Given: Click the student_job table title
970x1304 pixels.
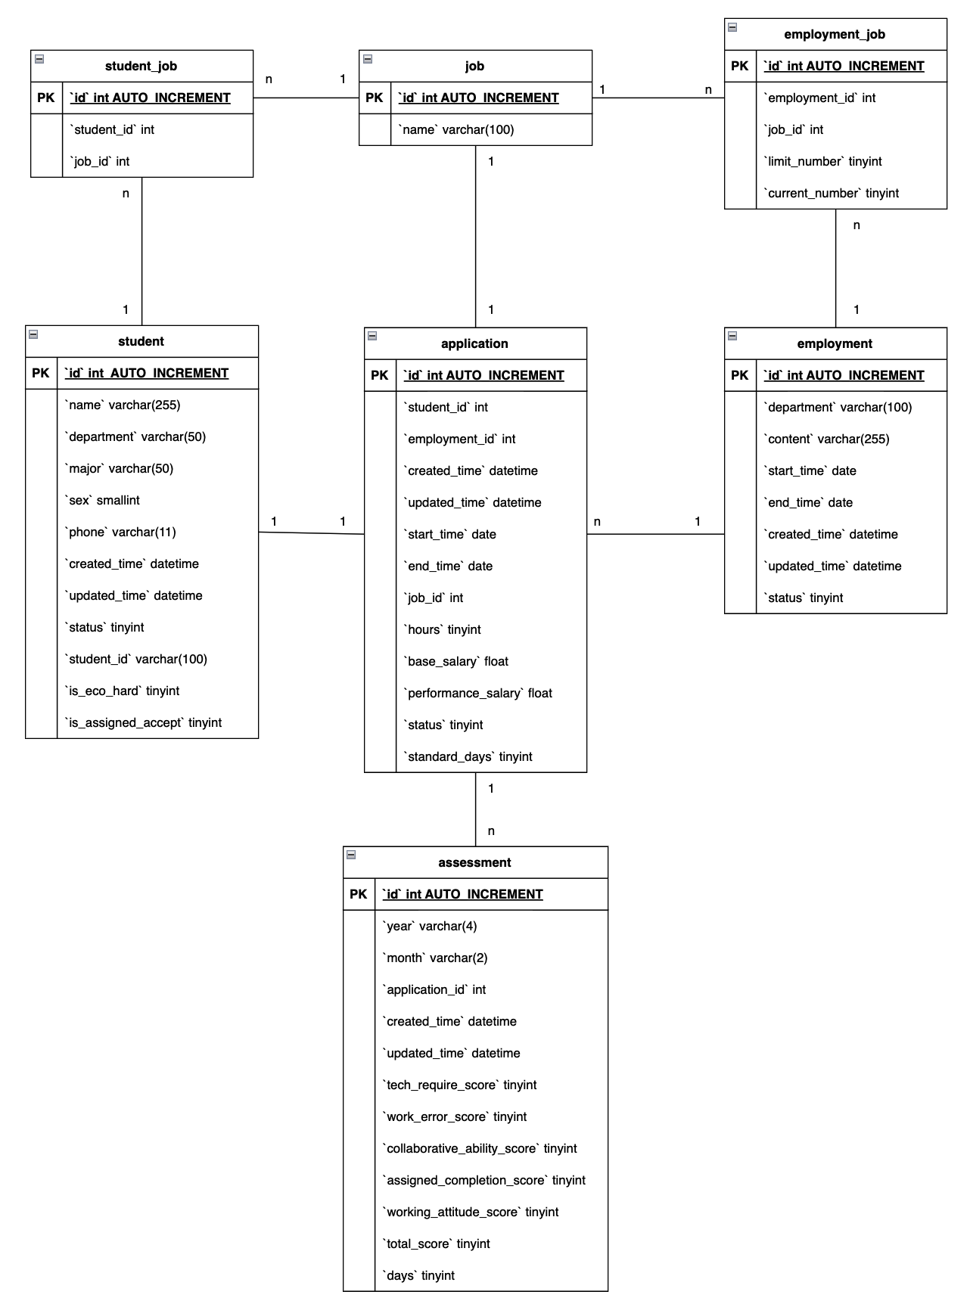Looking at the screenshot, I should tap(141, 67).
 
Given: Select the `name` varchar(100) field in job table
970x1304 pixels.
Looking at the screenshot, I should tap(457, 130).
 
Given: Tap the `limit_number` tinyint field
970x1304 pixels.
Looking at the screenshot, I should tap(824, 162).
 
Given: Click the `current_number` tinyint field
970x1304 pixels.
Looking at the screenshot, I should tap(832, 194).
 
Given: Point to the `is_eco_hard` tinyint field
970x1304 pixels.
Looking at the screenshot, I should tap(123, 691).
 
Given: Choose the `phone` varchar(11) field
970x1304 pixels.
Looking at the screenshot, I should tap(121, 532).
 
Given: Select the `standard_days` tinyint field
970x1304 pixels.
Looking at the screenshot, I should tap(468, 757).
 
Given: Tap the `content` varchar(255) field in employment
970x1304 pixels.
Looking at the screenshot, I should tap(827, 439).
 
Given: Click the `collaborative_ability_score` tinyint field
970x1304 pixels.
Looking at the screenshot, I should tap(480, 1149).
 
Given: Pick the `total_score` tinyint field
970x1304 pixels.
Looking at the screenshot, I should tap(437, 1244).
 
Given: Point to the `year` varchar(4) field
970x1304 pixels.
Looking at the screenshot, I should tap(430, 927).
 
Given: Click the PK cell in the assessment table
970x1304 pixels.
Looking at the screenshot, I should tap(359, 895).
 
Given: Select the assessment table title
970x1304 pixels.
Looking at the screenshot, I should tap(474, 863).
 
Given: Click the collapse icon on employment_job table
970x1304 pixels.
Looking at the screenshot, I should tap(732, 27).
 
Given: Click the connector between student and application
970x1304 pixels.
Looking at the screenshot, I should tap(311, 533).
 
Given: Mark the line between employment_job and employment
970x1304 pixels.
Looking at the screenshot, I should tap(835, 269).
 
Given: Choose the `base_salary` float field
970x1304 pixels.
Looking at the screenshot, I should tap(456, 662).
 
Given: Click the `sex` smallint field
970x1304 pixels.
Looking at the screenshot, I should tap(103, 501).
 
